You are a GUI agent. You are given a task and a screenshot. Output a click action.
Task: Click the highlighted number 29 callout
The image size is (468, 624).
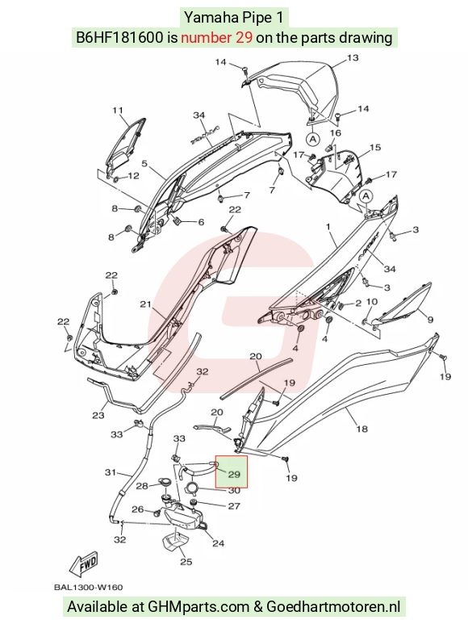click(x=234, y=474)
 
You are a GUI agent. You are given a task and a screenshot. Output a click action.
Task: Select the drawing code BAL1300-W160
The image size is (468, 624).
click(x=88, y=587)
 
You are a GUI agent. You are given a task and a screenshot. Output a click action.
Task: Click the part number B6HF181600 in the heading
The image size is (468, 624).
click(x=119, y=37)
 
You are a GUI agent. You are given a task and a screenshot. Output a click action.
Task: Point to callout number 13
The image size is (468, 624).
click(x=353, y=57)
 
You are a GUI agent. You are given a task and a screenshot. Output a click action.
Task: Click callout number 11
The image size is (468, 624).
click(x=117, y=111)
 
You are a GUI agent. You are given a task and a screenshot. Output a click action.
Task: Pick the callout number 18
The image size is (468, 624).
click(x=361, y=429)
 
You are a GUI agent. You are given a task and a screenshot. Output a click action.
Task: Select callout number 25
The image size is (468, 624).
click(x=186, y=562)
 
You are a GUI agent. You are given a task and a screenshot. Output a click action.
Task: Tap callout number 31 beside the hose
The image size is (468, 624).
click(x=110, y=472)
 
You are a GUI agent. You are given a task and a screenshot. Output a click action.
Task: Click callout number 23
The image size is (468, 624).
click(x=98, y=416)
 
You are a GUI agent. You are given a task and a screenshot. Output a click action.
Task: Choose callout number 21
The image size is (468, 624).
click(x=145, y=304)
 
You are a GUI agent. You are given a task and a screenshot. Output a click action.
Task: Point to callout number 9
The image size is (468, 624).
click(x=430, y=320)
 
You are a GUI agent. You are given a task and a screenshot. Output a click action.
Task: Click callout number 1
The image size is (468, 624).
click(x=328, y=227)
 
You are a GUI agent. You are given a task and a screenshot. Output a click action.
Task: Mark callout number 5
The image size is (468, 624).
click(x=144, y=163)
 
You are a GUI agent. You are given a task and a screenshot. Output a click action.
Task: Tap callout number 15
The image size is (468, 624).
click(x=375, y=147)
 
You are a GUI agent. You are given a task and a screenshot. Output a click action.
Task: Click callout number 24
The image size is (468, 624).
click(x=219, y=542)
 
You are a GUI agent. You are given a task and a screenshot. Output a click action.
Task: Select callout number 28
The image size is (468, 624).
click(x=142, y=486)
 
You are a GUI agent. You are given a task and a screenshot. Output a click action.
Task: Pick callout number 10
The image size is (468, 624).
click(x=372, y=302)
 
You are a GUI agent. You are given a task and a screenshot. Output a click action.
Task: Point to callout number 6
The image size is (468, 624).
click(x=201, y=222)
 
